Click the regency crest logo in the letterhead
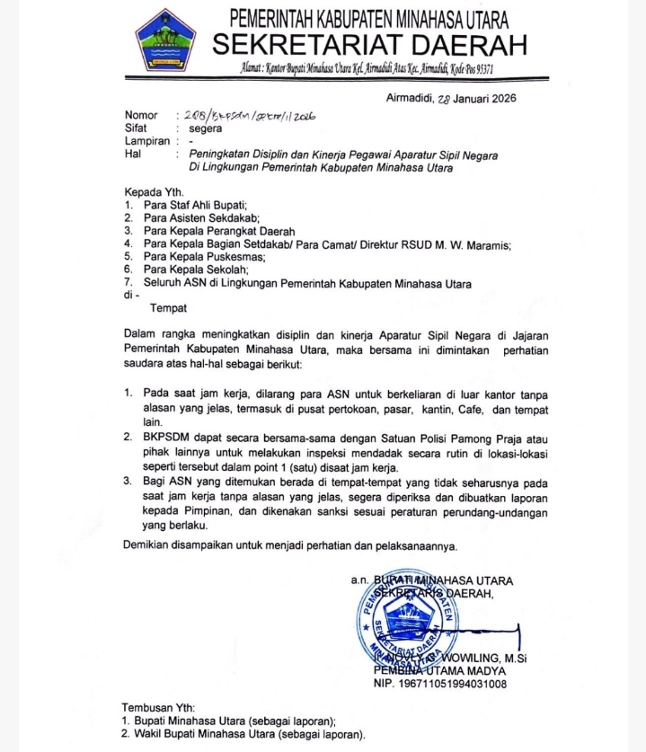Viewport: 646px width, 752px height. coord(165,42)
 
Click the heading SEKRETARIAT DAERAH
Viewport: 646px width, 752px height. coord(369,42)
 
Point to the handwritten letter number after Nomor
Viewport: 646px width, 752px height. coord(249,116)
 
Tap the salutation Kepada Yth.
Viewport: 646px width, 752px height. coord(155,192)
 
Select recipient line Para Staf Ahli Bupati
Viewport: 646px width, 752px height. coord(194,205)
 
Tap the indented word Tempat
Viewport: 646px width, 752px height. coord(168,309)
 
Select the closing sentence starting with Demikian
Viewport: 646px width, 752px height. coord(290,545)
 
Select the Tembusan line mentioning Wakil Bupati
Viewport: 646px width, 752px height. coord(243,734)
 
